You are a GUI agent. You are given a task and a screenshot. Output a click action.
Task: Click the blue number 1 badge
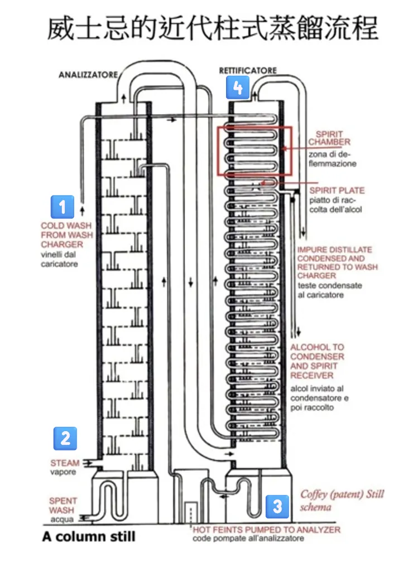tap(63, 207)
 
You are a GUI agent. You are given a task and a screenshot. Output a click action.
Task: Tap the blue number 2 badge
tap(65, 438)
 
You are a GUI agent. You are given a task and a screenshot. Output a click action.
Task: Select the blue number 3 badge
tap(277, 506)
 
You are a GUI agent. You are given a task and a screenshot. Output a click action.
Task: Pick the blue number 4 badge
tap(238, 87)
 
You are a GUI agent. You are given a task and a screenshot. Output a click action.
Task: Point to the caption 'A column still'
tap(88, 538)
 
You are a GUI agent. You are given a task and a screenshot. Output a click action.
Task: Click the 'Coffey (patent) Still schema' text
tap(342, 500)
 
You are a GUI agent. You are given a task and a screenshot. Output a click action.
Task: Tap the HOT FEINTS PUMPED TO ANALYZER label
tap(266, 530)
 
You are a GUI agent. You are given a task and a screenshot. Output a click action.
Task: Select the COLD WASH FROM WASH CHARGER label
tap(66, 235)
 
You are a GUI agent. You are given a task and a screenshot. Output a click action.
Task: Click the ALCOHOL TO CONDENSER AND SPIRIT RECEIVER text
tap(317, 361)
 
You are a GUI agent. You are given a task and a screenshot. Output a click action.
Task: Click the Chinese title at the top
tap(212, 28)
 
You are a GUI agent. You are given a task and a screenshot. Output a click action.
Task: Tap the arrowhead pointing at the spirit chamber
tap(284, 148)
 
